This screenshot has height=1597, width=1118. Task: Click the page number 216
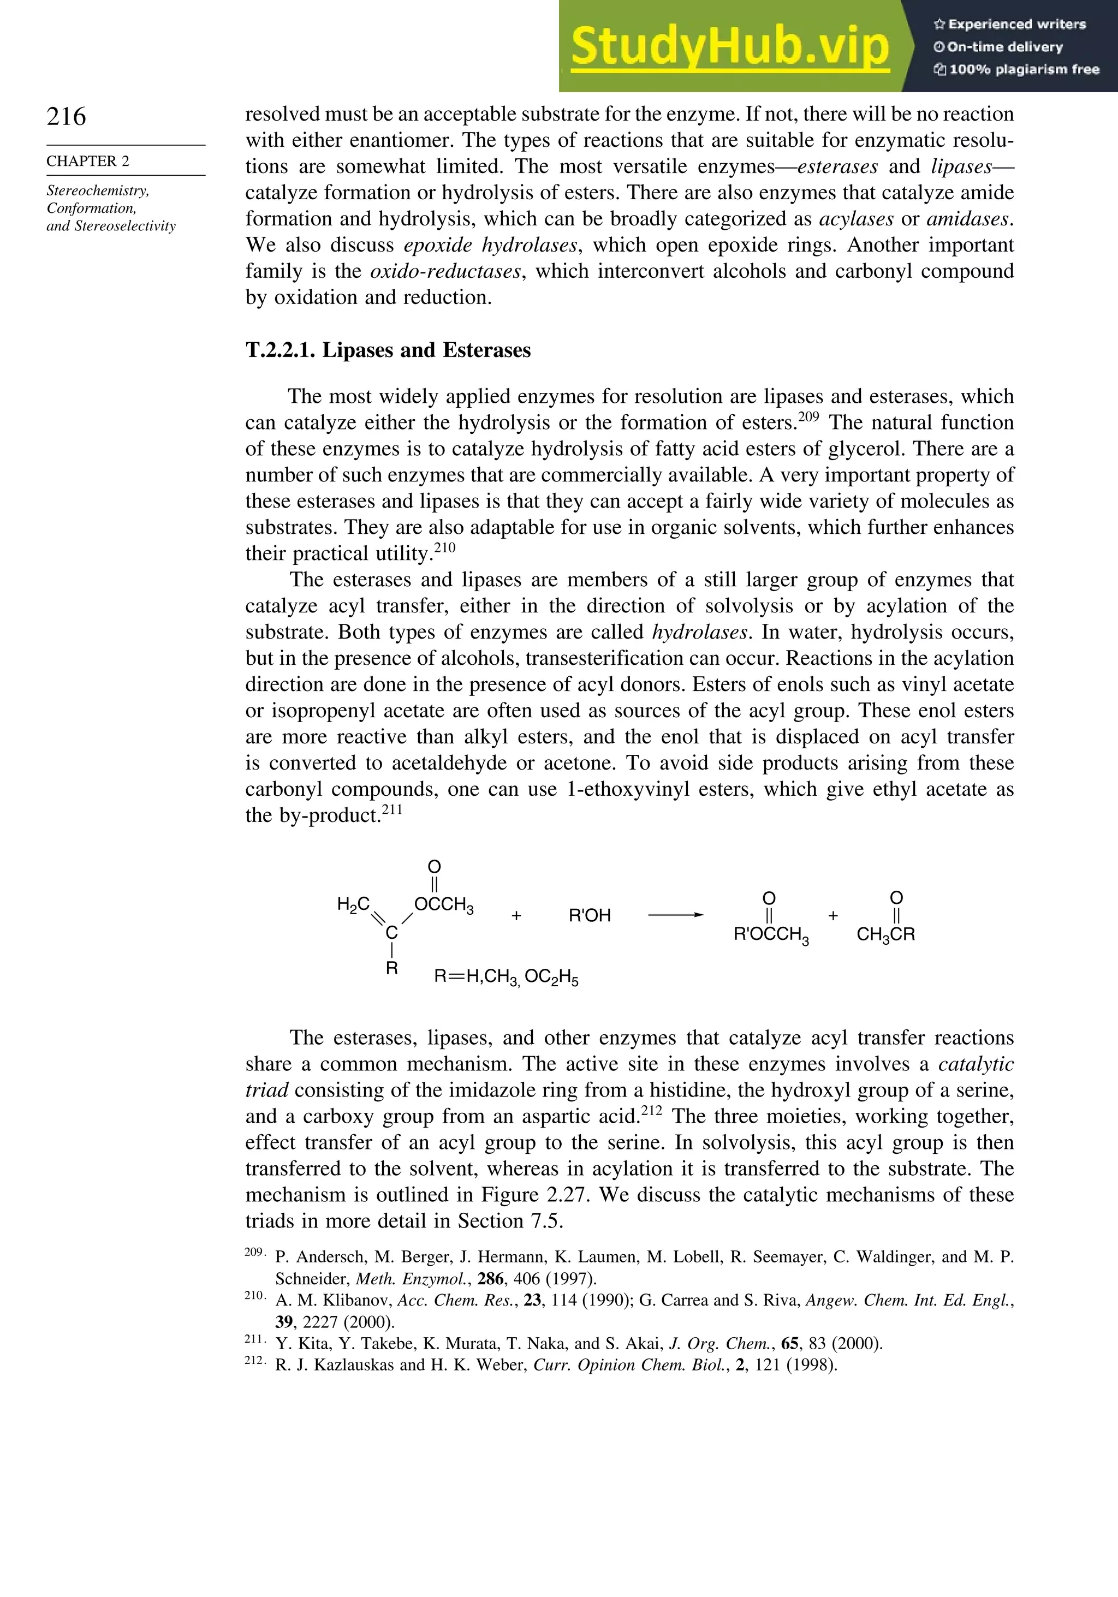point(66,116)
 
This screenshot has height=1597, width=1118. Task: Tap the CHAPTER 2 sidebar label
point(88,160)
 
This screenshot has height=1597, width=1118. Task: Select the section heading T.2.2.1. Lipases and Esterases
point(388,350)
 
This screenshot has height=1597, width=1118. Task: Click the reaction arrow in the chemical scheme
point(675,915)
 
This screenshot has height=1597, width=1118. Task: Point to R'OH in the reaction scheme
point(589,916)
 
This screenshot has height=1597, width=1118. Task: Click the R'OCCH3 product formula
point(771,935)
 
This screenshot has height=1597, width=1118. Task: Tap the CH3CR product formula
point(885,935)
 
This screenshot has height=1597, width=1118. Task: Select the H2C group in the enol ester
point(353,904)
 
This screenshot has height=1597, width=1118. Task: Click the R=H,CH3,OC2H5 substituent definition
point(506,978)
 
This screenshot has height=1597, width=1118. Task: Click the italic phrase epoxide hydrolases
point(490,245)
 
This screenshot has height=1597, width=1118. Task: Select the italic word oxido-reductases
point(445,271)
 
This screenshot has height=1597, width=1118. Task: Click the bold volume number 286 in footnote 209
point(490,1278)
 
